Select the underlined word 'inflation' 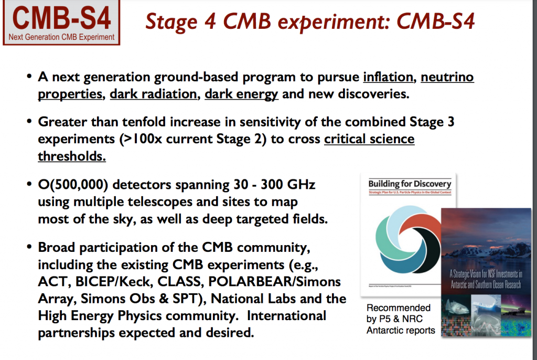(x=388, y=78)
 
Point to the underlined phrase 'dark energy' (x=241, y=94)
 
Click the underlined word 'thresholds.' (x=71, y=156)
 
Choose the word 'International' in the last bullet (x=286, y=315)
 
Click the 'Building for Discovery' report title (x=410, y=184)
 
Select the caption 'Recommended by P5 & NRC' (x=399, y=313)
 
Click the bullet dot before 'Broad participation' (x=30, y=248)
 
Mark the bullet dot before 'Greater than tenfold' (x=30, y=122)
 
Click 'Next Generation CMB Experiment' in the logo (x=61, y=37)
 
